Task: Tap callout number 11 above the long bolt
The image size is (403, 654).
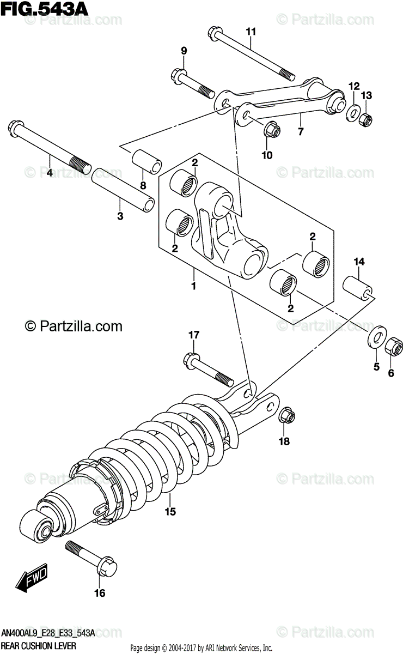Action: point(250,32)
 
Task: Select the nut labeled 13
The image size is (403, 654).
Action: point(367,117)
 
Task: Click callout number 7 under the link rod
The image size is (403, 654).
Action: point(300,131)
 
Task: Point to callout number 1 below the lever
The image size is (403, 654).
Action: point(193,286)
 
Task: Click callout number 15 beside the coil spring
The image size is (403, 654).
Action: point(170,511)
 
